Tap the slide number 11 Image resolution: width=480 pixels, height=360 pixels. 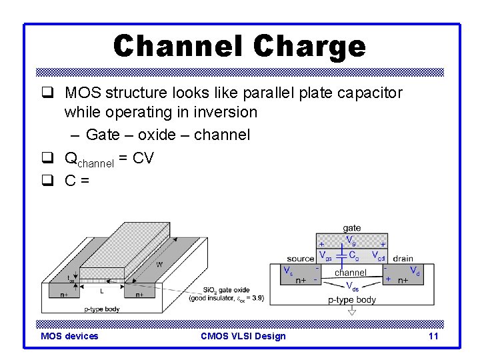433,336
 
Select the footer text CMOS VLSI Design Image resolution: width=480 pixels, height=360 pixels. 243,336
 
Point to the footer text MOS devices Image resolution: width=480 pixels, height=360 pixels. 69,336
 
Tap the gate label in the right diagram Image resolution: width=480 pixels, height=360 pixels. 351,229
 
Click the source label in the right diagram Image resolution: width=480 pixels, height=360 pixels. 301,259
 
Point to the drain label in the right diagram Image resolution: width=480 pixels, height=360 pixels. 403,259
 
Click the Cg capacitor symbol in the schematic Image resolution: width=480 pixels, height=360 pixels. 341,255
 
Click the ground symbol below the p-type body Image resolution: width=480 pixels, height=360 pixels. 352,311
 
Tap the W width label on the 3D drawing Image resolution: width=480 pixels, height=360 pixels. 159,265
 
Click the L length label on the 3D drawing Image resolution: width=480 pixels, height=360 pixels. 101,291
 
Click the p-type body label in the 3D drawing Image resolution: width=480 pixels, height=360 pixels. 101,308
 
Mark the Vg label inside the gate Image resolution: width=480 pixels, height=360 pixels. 351,239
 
